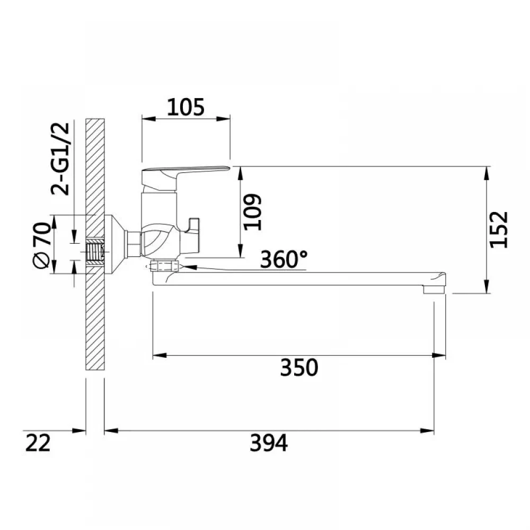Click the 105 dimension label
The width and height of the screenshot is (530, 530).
(x=186, y=107)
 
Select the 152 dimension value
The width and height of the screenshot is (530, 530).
(x=499, y=229)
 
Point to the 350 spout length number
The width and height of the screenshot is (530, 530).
(x=299, y=368)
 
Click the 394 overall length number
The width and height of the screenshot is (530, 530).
(x=269, y=443)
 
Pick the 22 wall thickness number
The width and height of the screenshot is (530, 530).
(x=38, y=443)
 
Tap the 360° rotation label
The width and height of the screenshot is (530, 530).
(x=284, y=259)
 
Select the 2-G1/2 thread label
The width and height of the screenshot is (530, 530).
(x=60, y=159)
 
